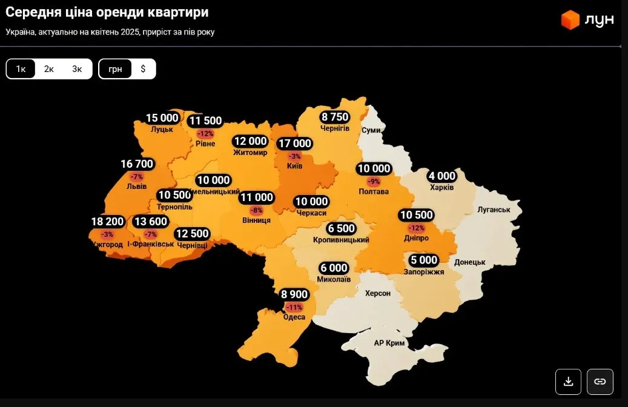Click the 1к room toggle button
tap(21, 69)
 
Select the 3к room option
tap(77, 69)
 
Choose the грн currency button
tap(115, 69)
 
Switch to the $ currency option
tap(143, 69)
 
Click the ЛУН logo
tap(587, 19)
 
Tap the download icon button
tap(568, 382)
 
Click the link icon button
tap(600, 382)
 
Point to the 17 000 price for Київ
tap(294, 144)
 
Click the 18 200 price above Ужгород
tap(107, 222)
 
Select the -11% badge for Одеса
tap(294, 307)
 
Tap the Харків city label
tap(441, 187)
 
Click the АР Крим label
tap(389, 343)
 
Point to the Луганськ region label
tap(494, 210)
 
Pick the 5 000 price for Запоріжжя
tap(423, 260)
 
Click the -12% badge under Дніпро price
tap(416, 228)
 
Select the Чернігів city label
tap(335, 128)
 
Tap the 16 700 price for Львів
tap(137, 164)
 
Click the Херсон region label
tap(377, 293)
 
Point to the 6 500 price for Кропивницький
tap(341, 228)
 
